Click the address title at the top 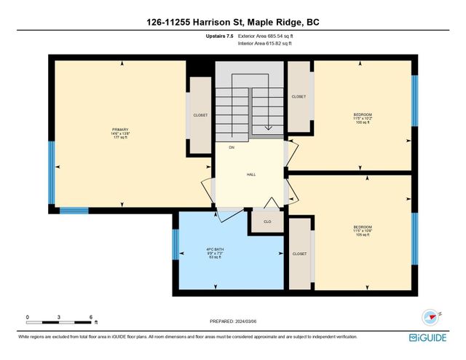click(232, 23)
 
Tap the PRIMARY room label click(121, 129)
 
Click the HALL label click(250, 175)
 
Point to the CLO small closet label click(267, 222)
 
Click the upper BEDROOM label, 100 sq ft click(363, 114)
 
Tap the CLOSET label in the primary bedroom click(200, 115)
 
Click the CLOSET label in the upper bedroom click(299, 96)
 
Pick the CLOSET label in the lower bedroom click(299, 254)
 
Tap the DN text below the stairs click(232, 147)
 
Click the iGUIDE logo click(433, 338)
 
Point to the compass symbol click(430, 317)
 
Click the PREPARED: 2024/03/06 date click(232, 321)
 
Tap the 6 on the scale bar click(91, 318)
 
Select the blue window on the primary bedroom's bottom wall click(74, 211)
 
